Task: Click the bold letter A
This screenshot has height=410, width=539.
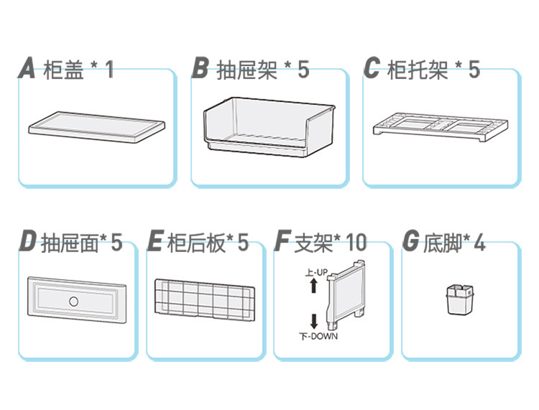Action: point(27,70)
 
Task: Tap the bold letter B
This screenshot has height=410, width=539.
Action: point(201,69)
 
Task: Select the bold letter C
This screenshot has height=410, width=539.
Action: point(372,69)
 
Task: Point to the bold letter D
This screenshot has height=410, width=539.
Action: point(28,243)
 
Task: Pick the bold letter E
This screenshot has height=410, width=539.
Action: point(155,243)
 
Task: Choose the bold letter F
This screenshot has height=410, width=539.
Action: point(282,243)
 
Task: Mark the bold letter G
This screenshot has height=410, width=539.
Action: point(411,243)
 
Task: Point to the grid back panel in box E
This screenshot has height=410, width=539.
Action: point(205,297)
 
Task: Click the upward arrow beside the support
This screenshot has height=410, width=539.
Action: point(314,286)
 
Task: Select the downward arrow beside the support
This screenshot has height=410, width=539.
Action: point(314,320)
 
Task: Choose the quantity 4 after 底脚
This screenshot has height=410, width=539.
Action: point(479,243)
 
